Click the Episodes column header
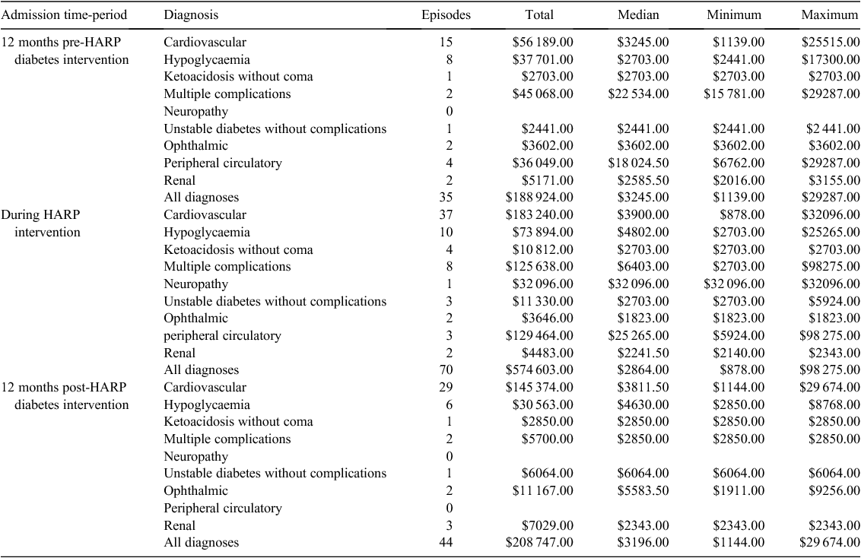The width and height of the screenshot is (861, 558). pos(446,14)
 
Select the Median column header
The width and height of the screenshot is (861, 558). pos(638,14)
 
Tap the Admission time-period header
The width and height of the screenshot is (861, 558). pos(64,14)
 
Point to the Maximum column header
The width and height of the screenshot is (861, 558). pos(831,14)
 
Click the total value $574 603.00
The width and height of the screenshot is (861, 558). pos(539,370)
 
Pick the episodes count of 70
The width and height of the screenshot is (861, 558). pos(446,370)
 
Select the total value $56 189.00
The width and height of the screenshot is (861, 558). pos(542,43)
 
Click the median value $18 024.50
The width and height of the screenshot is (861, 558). pos(638,163)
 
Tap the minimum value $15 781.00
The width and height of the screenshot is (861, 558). pos(734,94)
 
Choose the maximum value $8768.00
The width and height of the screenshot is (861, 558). pos(834,405)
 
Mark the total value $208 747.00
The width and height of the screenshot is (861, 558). pos(539,543)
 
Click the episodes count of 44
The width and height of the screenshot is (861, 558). pos(446,543)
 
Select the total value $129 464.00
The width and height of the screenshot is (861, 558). pos(539,336)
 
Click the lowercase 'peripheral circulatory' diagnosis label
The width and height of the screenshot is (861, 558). pos(222,336)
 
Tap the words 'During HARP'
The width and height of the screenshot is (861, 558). pos(40,214)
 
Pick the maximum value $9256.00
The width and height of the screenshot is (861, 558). pos(834,491)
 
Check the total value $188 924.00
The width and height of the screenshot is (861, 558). pos(539,198)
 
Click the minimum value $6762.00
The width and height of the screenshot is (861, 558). pos(739,163)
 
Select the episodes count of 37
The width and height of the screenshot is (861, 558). pos(446,215)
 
